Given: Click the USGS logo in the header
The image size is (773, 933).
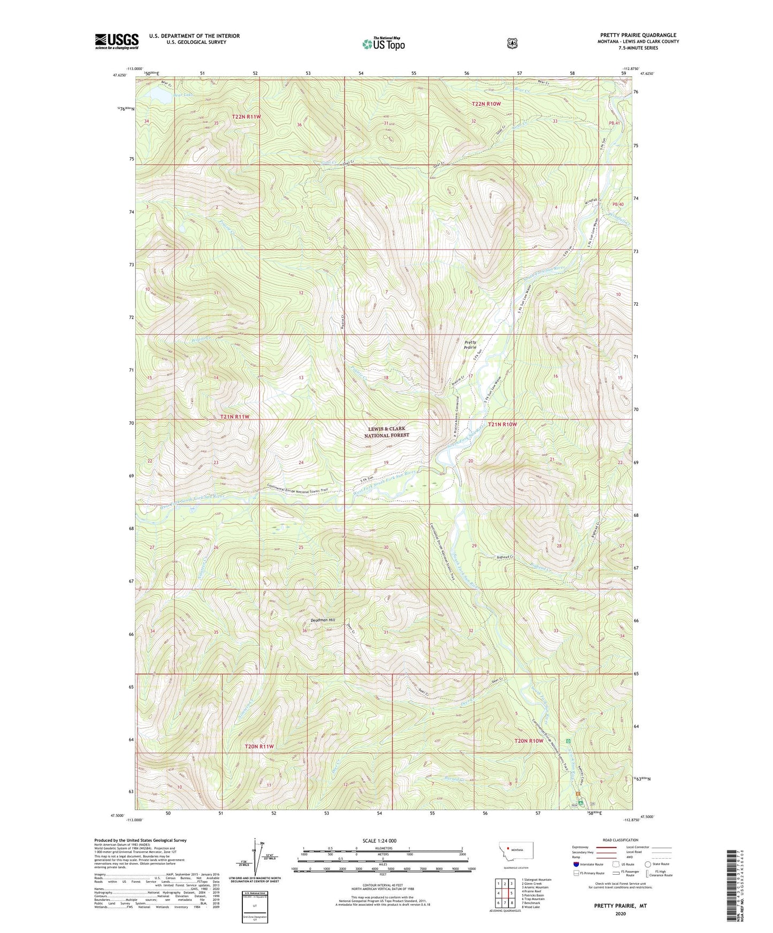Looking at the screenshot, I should pos(117,41).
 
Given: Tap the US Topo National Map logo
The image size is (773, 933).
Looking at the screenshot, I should pos(382,43).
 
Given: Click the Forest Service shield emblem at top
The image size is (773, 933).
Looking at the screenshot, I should pos(512,43).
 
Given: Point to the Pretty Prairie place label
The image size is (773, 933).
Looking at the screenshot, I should pos(470,345).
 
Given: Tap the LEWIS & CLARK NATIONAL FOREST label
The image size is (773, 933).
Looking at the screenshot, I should pos(387,432).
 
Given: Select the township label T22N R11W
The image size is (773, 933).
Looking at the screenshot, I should pos(247,116).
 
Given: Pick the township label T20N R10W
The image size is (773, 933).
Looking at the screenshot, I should pos(529,741).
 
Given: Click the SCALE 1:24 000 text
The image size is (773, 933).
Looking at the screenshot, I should pos(379,841).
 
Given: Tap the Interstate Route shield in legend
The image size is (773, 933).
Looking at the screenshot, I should pos(576,864).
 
